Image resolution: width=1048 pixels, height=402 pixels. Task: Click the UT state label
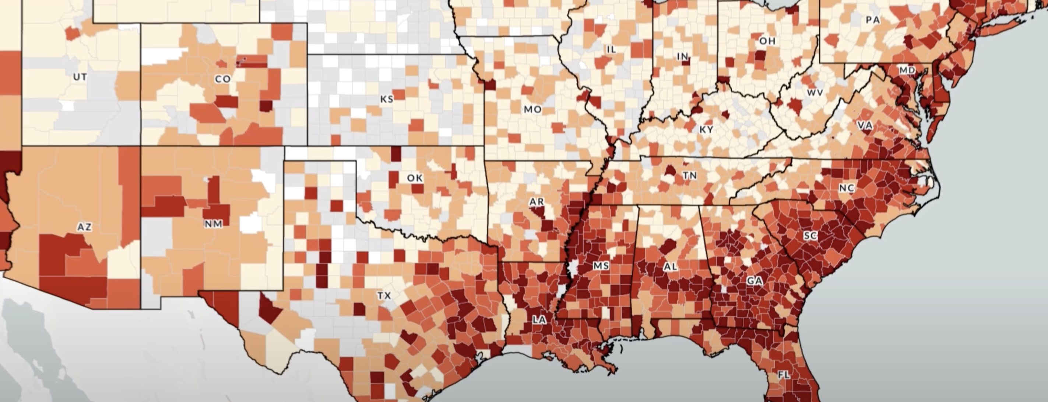pyautogui.click(x=80, y=77)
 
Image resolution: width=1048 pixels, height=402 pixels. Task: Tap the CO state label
pyautogui.click(x=222, y=79)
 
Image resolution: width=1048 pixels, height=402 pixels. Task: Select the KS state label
pyautogui.click(x=387, y=99)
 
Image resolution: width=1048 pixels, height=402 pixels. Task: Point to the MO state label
pyautogui.click(x=532, y=109)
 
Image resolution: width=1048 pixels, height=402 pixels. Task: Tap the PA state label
pyautogui.click(x=873, y=20)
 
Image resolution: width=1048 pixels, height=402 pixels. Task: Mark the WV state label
pyautogui.click(x=815, y=93)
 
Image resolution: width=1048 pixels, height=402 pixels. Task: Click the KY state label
pyautogui.click(x=706, y=129)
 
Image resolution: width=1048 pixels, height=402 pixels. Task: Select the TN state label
pyautogui.click(x=690, y=176)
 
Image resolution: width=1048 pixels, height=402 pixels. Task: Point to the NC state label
pyautogui.click(x=846, y=188)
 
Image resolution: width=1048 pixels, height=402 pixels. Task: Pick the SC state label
pyautogui.click(x=810, y=236)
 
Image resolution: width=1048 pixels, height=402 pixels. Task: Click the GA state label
pyautogui.click(x=754, y=281)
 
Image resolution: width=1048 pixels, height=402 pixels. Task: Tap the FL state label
pyautogui.click(x=784, y=375)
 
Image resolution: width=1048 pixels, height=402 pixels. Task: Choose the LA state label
pyautogui.click(x=539, y=320)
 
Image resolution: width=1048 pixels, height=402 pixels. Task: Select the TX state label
pyautogui.click(x=384, y=296)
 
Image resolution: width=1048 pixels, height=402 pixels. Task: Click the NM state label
pyautogui.click(x=213, y=223)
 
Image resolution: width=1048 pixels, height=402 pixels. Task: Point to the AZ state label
pyautogui.click(x=84, y=227)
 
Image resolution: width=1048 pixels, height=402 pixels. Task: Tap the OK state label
pyautogui.click(x=415, y=178)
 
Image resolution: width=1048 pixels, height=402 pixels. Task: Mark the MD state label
pyautogui.click(x=907, y=70)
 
